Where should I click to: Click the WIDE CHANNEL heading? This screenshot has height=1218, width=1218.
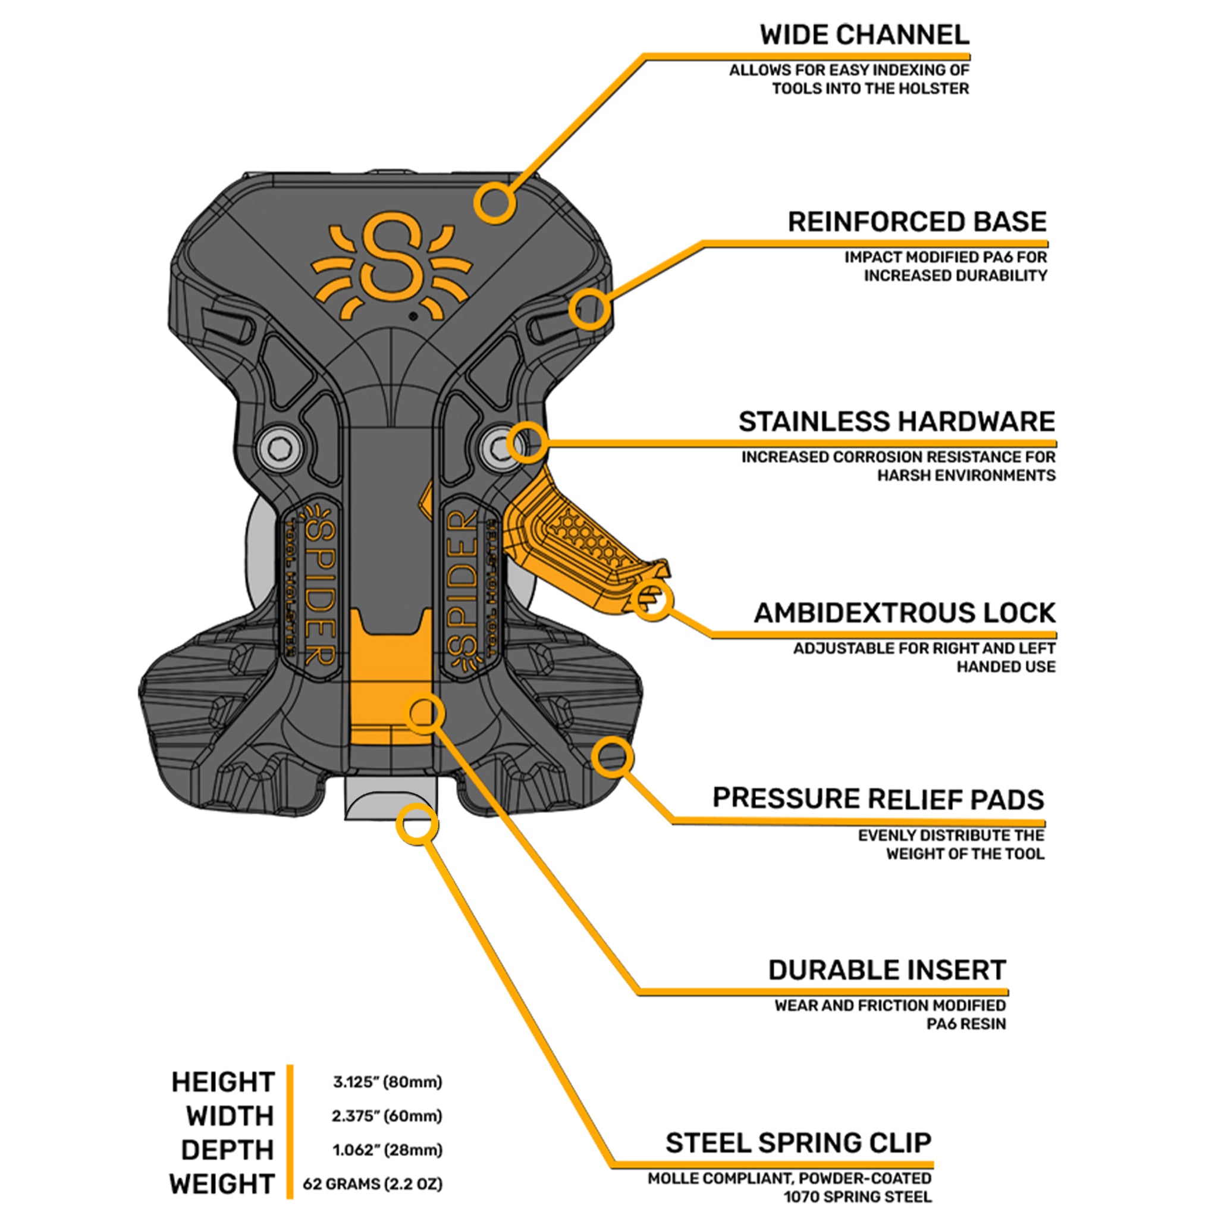pos(864,35)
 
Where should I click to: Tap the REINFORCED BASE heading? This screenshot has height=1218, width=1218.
pos(916,222)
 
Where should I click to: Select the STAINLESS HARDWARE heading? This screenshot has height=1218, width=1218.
pos(896,422)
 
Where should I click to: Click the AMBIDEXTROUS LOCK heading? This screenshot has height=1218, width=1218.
pos(904,613)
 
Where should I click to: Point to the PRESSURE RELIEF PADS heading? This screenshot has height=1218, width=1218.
pos(878,799)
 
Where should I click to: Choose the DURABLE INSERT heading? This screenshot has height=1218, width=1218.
pos(886,970)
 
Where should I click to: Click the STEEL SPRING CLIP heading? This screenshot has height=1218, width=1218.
pos(798,1143)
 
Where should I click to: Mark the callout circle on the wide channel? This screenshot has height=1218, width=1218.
pos(495,203)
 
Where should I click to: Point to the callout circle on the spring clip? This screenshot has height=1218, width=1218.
pos(417,824)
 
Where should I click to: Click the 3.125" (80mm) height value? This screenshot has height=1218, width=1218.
pos(387,1082)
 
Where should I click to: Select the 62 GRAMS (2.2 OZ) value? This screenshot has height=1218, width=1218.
pos(372,1184)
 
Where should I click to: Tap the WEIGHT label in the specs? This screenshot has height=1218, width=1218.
pos(222,1184)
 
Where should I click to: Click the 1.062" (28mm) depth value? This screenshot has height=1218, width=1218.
pos(387,1150)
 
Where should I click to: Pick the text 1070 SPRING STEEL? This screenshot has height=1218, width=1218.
pos(857,1197)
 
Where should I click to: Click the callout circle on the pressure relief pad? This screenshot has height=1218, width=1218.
pos(612,757)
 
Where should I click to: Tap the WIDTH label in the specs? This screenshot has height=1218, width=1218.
pos(230,1116)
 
